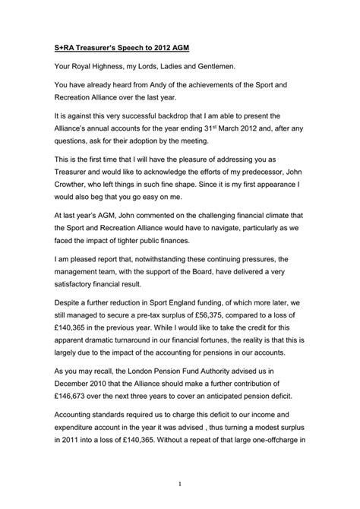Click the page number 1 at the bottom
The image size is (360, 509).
(x=180, y=483)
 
